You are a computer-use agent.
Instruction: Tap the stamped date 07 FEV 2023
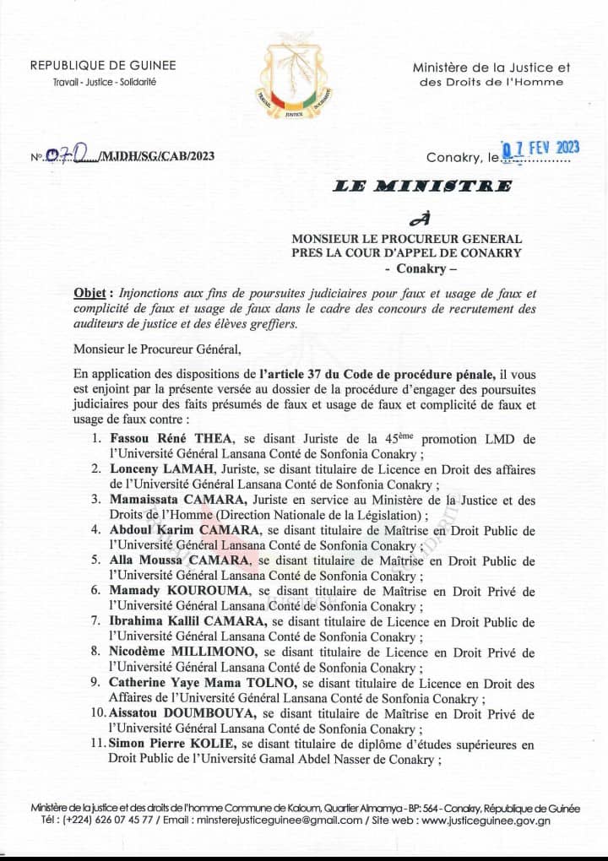coord(541,149)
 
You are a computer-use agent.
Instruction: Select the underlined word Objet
coord(92,292)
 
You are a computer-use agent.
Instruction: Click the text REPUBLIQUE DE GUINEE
coord(103,66)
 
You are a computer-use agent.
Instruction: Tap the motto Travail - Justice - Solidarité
coord(103,81)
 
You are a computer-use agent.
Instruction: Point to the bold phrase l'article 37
coord(301,375)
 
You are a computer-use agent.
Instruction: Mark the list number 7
coord(96,622)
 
